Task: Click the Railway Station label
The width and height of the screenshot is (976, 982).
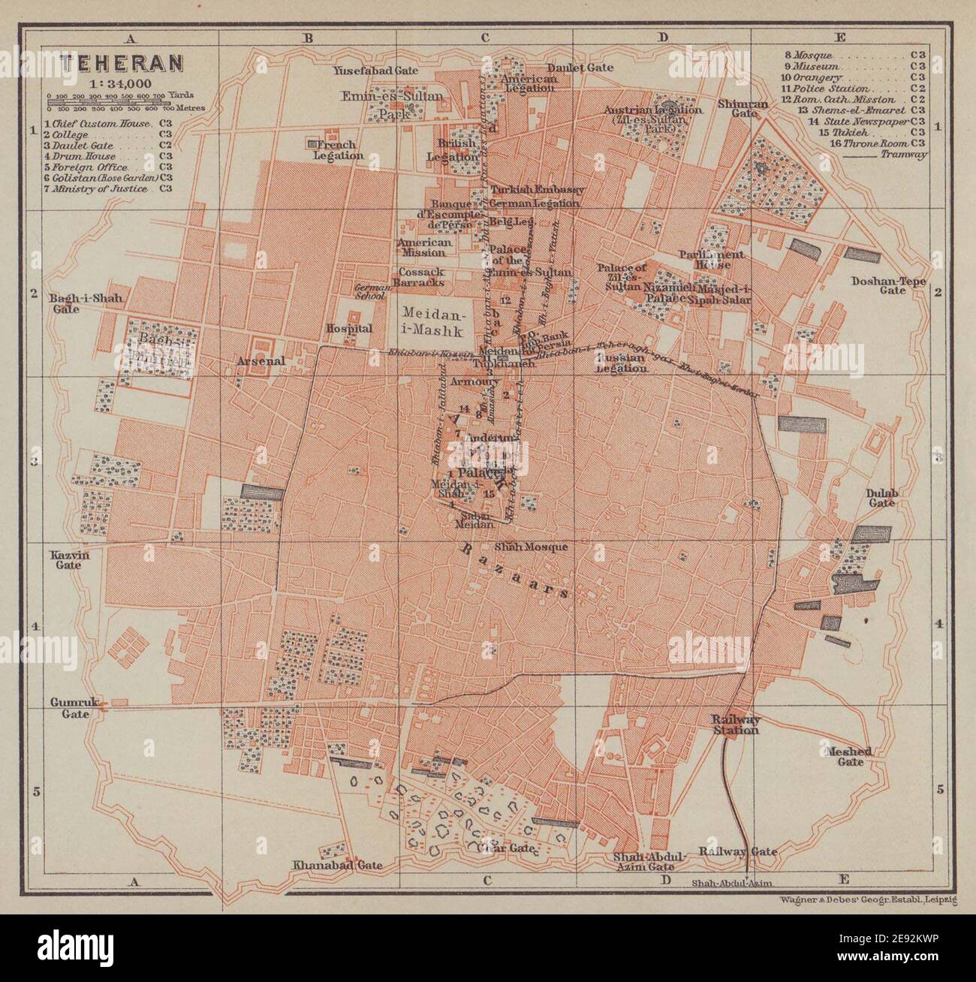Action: tap(736, 724)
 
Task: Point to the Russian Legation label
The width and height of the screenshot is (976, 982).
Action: tap(622, 363)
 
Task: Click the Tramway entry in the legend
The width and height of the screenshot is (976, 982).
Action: tap(905, 154)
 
